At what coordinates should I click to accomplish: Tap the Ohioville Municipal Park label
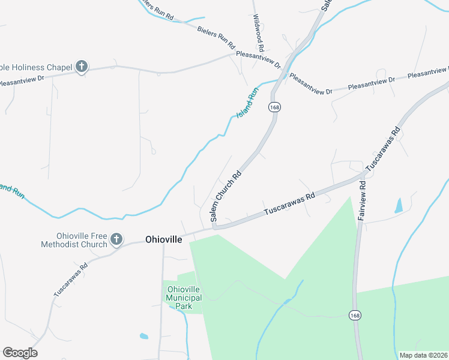click(187, 297)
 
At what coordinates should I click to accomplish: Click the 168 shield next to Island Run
click(275, 107)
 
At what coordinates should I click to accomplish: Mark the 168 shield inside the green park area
click(355, 314)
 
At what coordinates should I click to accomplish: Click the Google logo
click(20, 352)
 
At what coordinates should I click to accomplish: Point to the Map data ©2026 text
click(423, 355)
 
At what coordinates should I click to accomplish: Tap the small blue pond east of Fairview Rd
click(398, 206)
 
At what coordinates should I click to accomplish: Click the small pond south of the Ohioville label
click(143, 335)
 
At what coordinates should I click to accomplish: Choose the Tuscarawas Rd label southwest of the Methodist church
click(70, 280)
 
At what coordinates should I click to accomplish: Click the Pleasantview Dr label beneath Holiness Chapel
click(23, 78)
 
